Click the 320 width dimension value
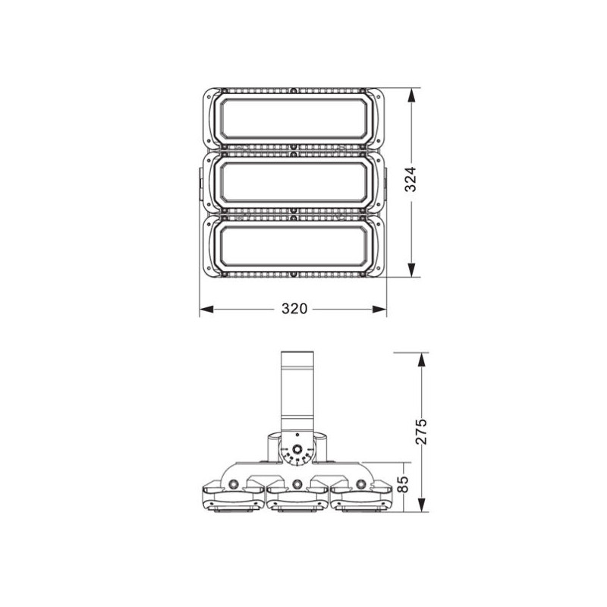(x=294, y=309)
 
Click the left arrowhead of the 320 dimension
(x=205, y=309)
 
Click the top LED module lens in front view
(x=294, y=118)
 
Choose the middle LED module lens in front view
(x=294, y=182)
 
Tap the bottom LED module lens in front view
(x=294, y=244)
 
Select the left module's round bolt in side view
(x=234, y=483)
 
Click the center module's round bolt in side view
(x=297, y=483)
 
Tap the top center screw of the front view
(x=294, y=89)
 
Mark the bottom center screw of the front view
(x=294, y=273)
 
